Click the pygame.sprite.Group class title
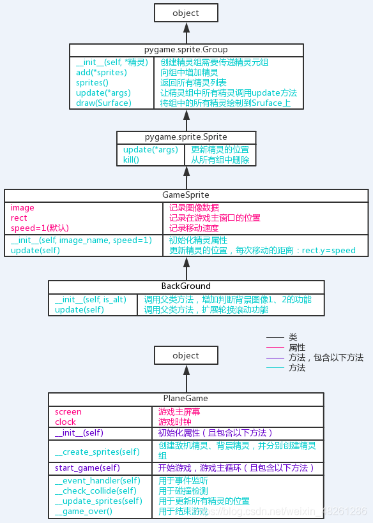186,50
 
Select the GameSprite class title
186,195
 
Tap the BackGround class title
186,286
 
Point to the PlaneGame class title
186,399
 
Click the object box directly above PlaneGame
186,355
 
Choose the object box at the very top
186,13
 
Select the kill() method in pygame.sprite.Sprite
131,159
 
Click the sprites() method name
93,83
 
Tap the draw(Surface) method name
103,103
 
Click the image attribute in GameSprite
22,208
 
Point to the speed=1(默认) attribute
40,228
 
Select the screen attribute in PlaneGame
68,412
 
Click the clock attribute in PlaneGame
65,422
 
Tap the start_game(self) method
87,468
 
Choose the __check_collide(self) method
96,490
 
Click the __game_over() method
83,511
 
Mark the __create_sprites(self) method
97,452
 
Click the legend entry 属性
297,348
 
